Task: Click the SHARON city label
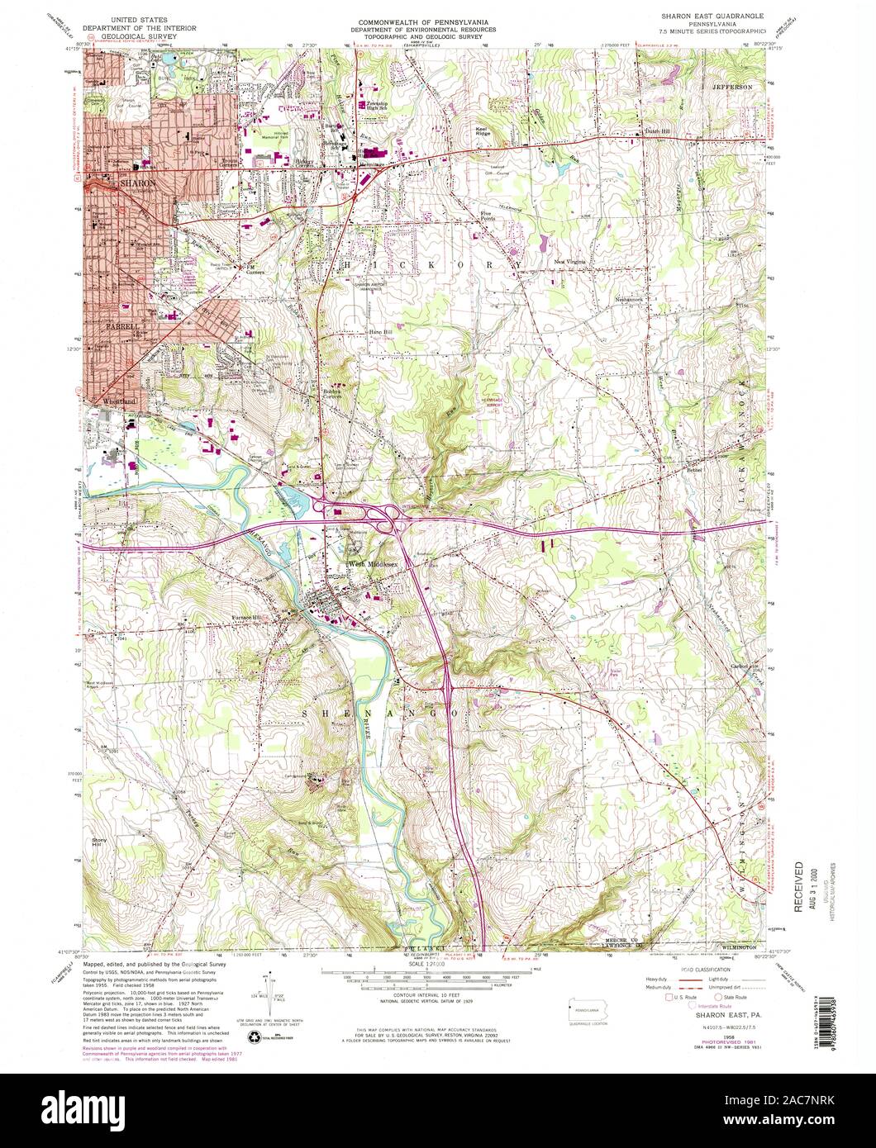coord(137,183)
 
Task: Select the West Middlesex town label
coord(369,563)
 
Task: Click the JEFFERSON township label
coord(732,87)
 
